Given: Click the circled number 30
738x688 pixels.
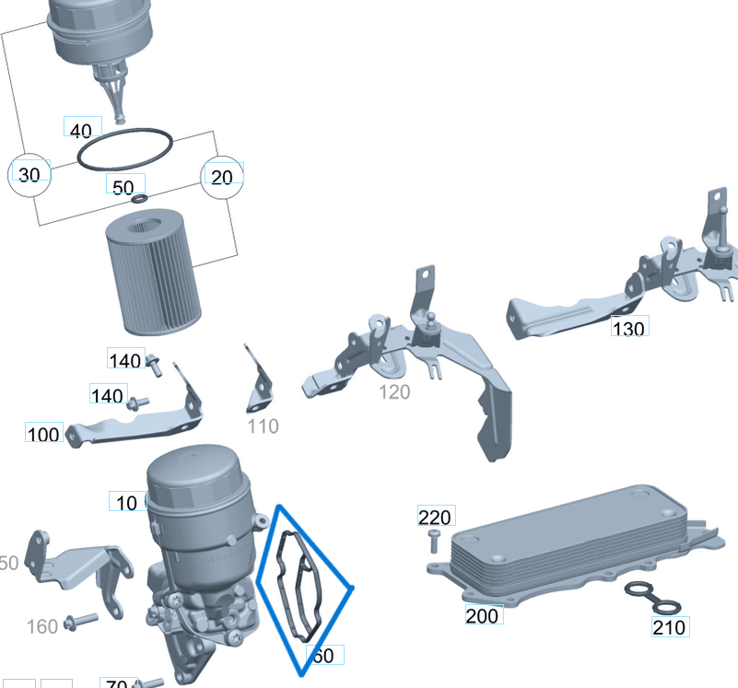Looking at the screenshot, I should (29, 175).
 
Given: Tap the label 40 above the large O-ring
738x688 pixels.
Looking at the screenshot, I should (82, 130).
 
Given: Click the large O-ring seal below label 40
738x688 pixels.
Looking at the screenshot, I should (124, 150).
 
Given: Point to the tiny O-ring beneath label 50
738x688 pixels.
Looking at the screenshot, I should (139, 199).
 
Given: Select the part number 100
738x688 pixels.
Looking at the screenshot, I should (43, 434).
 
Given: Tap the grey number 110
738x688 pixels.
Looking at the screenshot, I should (263, 426).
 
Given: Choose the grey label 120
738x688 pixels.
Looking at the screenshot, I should (394, 392).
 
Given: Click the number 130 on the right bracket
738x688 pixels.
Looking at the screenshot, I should (628, 327).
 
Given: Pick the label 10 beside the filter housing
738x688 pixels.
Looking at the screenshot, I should (127, 502).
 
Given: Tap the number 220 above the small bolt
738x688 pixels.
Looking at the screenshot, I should (435, 518).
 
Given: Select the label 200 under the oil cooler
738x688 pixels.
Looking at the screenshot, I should (483, 615).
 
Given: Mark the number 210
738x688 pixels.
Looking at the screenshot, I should (669, 627).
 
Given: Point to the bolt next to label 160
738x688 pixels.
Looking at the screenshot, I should (81, 623).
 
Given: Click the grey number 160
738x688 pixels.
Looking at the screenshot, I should (42, 627).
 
